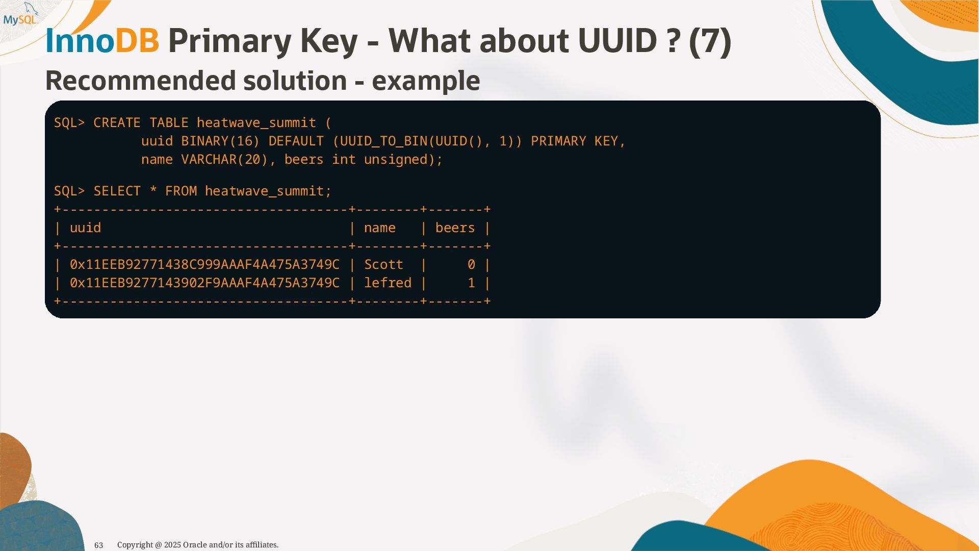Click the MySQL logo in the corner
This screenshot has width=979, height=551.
tap(20, 15)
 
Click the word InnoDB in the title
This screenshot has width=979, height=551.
tap(102, 41)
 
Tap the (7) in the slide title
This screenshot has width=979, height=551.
tap(710, 41)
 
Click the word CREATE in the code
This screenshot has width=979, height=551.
tap(117, 123)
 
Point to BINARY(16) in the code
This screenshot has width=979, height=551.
tap(220, 141)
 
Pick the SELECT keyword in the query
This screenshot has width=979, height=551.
tap(117, 191)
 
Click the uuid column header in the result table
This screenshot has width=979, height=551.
tap(85, 228)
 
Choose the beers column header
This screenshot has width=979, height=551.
tap(455, 228)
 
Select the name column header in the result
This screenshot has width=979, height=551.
tap(379, 228)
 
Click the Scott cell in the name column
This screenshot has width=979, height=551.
tap(383, 265)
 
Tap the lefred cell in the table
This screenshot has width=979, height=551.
tap(388, 283)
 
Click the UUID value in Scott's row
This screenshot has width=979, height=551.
tap(204, 265)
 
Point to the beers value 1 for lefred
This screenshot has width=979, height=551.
tap(471, 283)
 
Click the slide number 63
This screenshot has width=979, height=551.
tap(99, 545)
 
